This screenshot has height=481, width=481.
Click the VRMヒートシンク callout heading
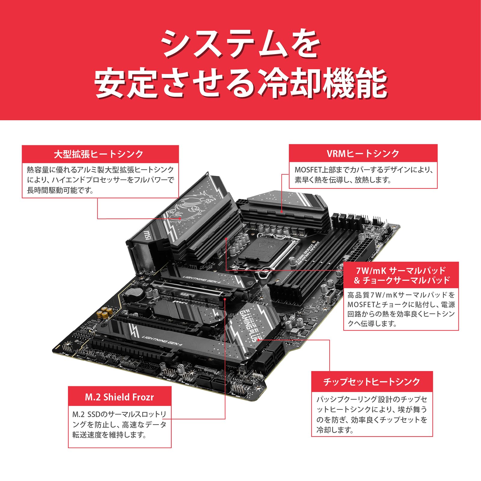click(363, 154)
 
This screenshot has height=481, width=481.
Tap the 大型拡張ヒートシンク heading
click(99, 154)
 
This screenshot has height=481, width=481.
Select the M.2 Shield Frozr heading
click(119, 397)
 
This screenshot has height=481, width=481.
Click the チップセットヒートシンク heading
click(372, 382)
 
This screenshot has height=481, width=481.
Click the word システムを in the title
click(240, 44)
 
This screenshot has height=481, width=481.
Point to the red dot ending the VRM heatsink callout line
click(282, 212)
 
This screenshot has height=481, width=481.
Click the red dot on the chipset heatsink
click(258, 340)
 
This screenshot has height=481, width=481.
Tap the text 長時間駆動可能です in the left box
click(60, 190)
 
